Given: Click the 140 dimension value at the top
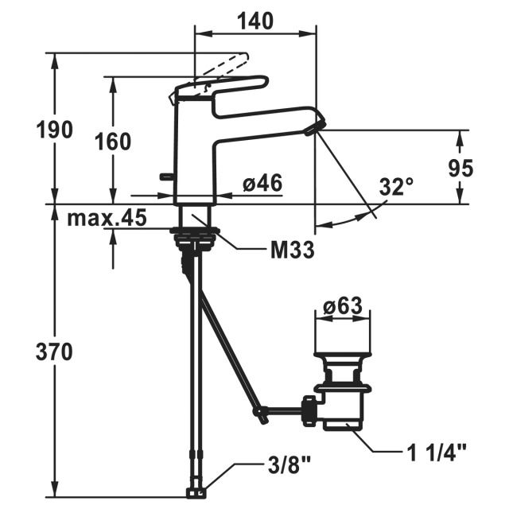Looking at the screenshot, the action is (255, 21).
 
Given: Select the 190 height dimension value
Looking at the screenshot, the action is (54, 129).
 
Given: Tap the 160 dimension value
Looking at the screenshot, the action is (113, 142).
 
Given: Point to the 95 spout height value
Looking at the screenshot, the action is (461, 168).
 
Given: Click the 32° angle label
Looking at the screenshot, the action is (396, 187).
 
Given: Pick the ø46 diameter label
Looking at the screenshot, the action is (262, 183).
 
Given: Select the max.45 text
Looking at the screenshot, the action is (107, 218).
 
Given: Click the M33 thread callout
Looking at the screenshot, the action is (293, 250).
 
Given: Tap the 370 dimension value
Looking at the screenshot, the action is (54, 352).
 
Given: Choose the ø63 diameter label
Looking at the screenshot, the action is (343, 305).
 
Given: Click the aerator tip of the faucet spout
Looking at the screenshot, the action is (316, 127).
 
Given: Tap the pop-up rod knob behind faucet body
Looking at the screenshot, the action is (167, 177).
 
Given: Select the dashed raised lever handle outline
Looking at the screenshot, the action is (221, 67).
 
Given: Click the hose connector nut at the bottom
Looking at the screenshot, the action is (196, 493).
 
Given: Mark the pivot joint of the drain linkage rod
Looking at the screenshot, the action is (260, 412).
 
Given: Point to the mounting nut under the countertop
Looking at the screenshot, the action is (195, 240).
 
